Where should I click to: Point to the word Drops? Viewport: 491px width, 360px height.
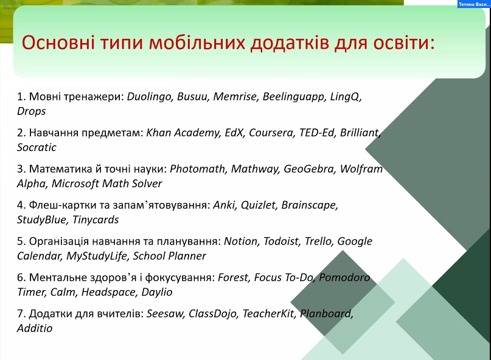[x=31, y=111]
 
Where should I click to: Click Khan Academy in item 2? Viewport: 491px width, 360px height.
[x=183, y=133]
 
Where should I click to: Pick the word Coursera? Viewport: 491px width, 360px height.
[x=272, y=133]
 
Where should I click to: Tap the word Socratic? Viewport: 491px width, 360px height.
[x=37, y=147]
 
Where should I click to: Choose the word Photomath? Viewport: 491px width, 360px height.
[x=198, y=169]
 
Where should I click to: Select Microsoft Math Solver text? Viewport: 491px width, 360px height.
[x=107, y=184]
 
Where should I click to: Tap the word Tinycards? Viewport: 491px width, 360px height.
[x=96, y=220]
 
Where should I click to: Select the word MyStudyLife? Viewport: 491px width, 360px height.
[x=97, y=257]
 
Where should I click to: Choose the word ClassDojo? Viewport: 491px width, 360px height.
[x=212, y=314]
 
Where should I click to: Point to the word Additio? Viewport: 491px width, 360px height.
[x=35, y=329]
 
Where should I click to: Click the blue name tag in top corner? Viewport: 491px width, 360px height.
[x=474, y=4]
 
